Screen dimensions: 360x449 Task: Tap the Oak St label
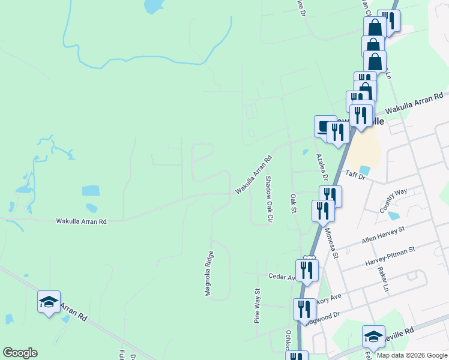(294, 203)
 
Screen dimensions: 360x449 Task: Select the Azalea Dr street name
(322, 167)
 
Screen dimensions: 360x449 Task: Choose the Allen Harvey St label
(384, 235)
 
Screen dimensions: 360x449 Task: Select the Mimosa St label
(331, 242)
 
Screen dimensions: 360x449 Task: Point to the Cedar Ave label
(282, 278)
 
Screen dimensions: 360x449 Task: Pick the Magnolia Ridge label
(208, 273)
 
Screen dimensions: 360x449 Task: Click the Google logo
(20, 353)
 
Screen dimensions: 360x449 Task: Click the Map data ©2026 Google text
(412, 355)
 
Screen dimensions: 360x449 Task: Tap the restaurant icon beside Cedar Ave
(307, 269)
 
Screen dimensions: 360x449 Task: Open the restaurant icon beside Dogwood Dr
(304, 309)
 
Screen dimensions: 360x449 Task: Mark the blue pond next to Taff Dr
(365, 171)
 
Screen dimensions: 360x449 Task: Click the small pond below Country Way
(394, 215)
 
